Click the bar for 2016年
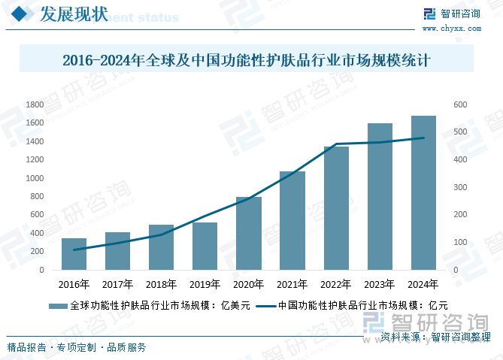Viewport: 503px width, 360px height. pyautogui.click(x=74, y=254)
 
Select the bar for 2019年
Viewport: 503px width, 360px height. pyautogui.click(x=205, y=246)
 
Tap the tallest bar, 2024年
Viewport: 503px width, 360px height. pyautogui.click(x=423, y=192)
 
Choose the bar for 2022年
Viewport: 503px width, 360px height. pyautogui.click(x=336, y=208)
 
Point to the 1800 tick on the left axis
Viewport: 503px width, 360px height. pyautogui.click(x=35, y=104)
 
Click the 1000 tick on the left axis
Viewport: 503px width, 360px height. pyautogui.click(x=35, y=178)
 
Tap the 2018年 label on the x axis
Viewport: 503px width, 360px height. pyautogui.click(x=161, y=284)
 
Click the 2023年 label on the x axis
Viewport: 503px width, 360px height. pyautogui.click(x=380, y=284)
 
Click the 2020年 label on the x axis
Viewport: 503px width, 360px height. pyautogui.click(x=248, y=284)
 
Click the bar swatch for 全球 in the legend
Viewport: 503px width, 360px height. pyautogui.click(x=58, y=306)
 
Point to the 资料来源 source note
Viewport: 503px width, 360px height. pyautogui.click(x=436, y=337)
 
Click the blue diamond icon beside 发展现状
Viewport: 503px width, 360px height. pyautogui.click(x=22, y=14)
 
